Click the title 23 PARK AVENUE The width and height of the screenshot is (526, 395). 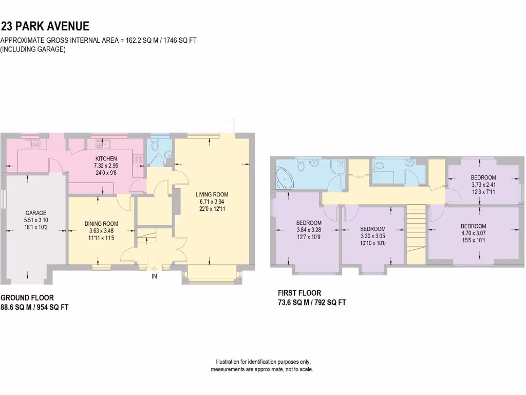click(45, 26)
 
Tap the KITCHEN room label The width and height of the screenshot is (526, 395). click(106, 158)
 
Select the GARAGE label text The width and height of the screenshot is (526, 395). click(36, 212)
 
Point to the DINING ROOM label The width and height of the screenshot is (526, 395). click(101, 224)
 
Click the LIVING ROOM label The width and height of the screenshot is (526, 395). click(211, 194)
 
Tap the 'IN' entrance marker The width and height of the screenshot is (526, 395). click(154, 276)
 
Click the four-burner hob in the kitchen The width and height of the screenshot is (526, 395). click(138, 159)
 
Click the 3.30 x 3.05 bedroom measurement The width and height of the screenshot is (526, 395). click(372, 236)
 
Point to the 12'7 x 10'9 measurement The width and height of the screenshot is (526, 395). click(309, 237)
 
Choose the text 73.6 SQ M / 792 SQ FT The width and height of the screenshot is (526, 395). click(311, 303)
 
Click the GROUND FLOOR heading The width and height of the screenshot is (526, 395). click(27, 298)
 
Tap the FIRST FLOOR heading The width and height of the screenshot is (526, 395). click(299, 293)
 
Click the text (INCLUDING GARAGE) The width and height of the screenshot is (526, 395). click(33, 49)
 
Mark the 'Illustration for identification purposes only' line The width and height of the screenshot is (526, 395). click(263, 362)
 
